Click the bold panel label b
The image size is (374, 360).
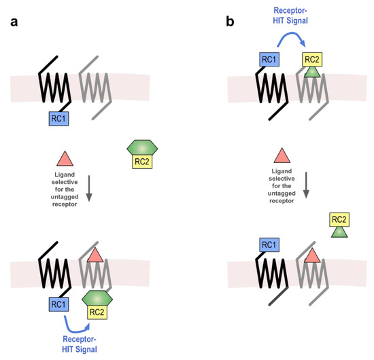[x=230, y=22]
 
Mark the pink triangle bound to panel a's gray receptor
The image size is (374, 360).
[x=95, y=257]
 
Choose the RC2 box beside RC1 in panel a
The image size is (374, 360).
[x=98, y=313]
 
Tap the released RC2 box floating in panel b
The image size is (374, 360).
[x=339, y=219]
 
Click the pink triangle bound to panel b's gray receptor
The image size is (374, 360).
[x=312, y=257]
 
